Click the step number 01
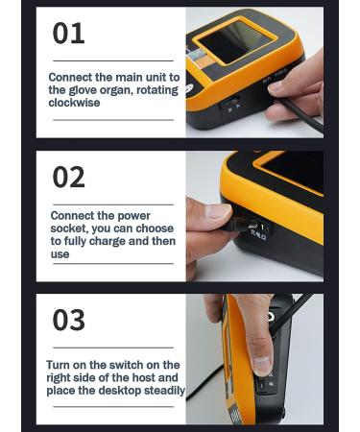coord(68,34)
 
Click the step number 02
coord(68,177)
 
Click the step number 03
coord(68,320)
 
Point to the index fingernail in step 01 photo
coord(276,86)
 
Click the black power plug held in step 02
coord(240,227)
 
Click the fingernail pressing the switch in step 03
coord(260,366)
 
